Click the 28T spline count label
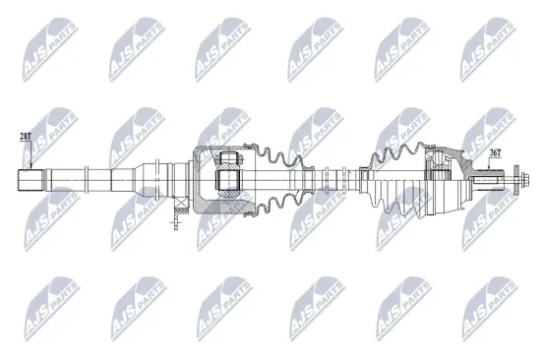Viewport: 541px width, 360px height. [26, 137]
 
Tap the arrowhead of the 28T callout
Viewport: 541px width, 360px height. [31, 167]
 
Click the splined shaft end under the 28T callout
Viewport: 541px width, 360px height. [32, 180]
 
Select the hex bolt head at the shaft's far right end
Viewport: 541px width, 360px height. [523, 179]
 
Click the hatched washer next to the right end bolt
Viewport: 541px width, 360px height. [516, 179]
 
